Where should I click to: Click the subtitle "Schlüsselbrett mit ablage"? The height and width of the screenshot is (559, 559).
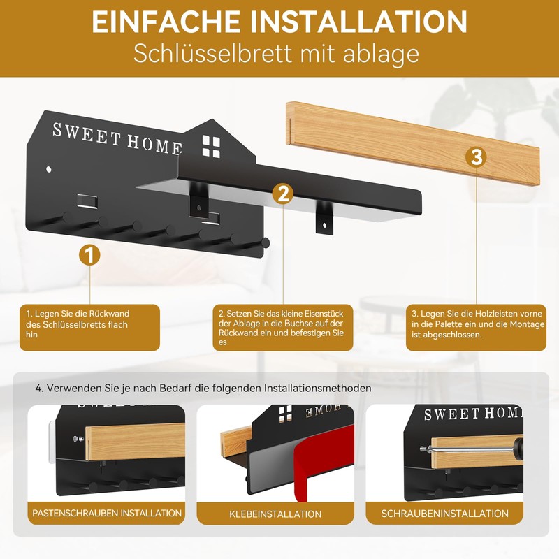tap(279, 55)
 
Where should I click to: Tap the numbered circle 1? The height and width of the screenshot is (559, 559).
tap(89, 254)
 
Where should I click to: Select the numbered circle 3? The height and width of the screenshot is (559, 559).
tap(477, 157)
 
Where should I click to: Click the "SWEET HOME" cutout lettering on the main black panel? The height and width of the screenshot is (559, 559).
tap(117, 137)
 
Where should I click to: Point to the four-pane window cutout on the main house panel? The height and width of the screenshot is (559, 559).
tap(210, 145)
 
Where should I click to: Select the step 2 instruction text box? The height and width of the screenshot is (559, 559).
tap(282, 327)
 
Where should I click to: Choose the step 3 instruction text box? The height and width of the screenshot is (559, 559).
tap(477, 327)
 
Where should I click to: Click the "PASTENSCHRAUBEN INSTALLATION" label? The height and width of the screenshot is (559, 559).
tap(107, 513)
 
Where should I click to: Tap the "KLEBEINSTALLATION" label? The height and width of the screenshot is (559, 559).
tap(275, 514)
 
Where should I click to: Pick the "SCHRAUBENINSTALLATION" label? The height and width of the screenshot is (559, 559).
tap(444, 513)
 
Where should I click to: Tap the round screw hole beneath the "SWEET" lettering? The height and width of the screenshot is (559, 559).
tap(48, 169)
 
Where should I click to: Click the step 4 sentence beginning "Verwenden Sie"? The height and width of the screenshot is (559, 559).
tap(203, 388)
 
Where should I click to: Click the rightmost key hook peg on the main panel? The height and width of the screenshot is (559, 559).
tap(266, 242)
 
